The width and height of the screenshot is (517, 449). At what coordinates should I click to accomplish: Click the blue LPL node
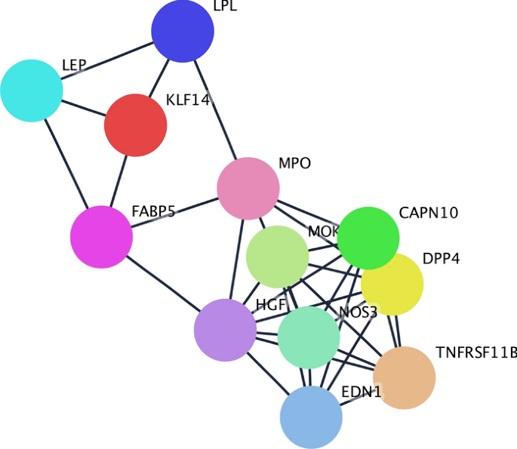pyautogui.click(x=183, y=31)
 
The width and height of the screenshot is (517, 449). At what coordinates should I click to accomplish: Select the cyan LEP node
pyautogui.click(x=31, y=90)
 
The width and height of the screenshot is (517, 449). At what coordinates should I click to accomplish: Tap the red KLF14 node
pyautogui.click(x=135, y=125)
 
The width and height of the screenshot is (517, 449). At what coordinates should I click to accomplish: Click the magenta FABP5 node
pyautogui.click(x=101, y=237)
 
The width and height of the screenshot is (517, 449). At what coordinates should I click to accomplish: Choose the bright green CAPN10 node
pyautogui.click(x=368, y=238)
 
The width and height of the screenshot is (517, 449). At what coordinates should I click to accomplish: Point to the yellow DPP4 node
pyautogui.click(x=392, y=284)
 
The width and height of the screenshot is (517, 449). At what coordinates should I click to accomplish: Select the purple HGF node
pyautogui.click(x=225, y=330)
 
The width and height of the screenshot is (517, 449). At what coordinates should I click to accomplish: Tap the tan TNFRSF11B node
pyautogui.click(x=404, y=377)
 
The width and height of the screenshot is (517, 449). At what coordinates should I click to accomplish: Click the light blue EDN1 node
pyautogui.click(x=311, y=417)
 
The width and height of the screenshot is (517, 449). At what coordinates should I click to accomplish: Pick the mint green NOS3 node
pyautogui.click(x=308, y=337)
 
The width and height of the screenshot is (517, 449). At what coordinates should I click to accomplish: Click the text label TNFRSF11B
pyautogui.click(x=476, y=352)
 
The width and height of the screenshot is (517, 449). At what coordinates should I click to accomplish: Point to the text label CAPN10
pyautogui.click(x=428, y=213)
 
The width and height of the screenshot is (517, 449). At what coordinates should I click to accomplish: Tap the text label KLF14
pyautogui.click(x=187, y=100)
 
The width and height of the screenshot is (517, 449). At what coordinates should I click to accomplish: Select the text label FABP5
pyautogui.click(x=153, y=211)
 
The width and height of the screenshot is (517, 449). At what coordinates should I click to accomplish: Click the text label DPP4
pyautogui.click(x=441, y=259)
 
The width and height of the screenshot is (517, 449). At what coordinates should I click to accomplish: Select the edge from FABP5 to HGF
pyautogui.click(x=162, y=283)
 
